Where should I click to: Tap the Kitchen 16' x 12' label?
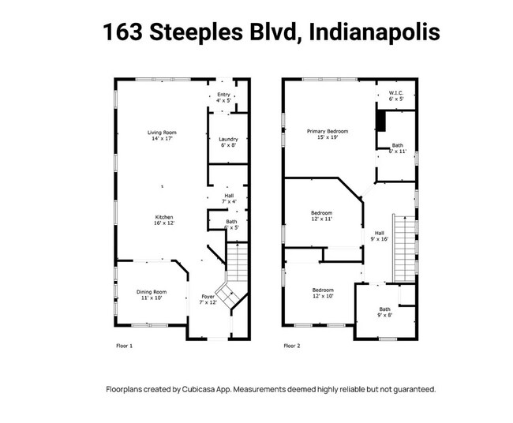pyautogui.click(x=164, y=220)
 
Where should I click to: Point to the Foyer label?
pyautogui.click(x=207, y=299)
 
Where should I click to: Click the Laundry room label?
pyautogui.click(x=227, y=142)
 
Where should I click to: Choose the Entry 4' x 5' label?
pyautogui.click(x=224, y=98)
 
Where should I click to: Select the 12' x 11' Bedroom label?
pyautogui.click(x=321, y=216)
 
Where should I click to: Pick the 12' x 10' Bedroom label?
pyautogui.click(x=321, y=293)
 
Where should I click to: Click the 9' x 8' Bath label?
pyautogui.click(x=384, y=312)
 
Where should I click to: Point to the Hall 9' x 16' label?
pyautogui.click(x=379, y=236)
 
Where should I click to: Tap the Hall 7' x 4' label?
pyautogui.click(x=229, y=198)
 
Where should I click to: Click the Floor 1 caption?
pyautogui.click(x=125, y=346)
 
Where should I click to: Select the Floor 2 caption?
pyautogui.click(x=293, y=346)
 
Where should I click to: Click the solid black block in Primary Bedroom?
pyautogui.click(x=380, y=120)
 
